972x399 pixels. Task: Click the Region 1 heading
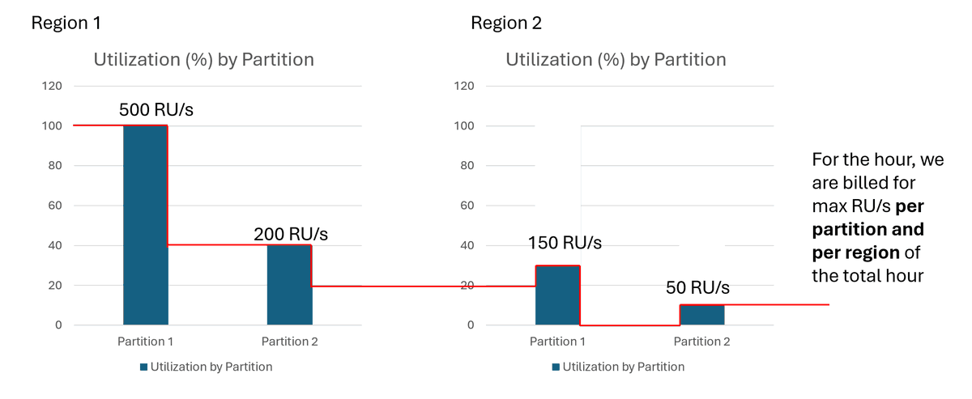(x=66, y=23)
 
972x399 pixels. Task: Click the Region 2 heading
(x=506, y=23)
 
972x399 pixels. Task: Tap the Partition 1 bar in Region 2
(x=557, y=295)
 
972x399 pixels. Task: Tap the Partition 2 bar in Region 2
(x=701, y=315)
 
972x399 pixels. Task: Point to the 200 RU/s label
(x=291, y=234)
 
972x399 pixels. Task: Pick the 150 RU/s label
(x=565, y=243)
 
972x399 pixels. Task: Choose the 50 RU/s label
(x=698, y=287)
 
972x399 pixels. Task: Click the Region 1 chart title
(x=203, y=59)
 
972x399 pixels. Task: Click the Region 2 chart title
(x=616, y=59)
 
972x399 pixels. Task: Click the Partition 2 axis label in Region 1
(x=289, y=342)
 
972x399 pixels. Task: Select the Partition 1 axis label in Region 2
(x=558, y=342)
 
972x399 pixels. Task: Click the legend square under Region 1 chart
(x=144, y=367)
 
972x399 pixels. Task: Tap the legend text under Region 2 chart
(x=624, y=367)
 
